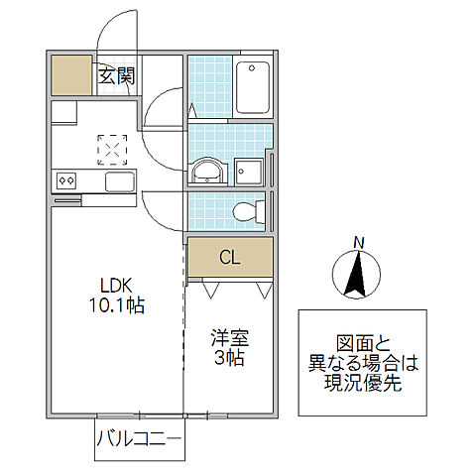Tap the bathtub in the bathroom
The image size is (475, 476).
pyautogui.click(x=253, y=87)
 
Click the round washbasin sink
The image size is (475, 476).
pyautogui.click(x=207, y=171)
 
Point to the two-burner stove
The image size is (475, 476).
pyautogui.click(x=67, y=180)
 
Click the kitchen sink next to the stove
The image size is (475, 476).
pyautogui.click(x=119, y=181)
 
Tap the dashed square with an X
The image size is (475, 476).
pyautogui.click(x=111, y=148)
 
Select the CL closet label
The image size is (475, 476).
pyautogui.click(x=229, y=259)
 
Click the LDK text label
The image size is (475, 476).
pyautogui.click(x=112, y=283)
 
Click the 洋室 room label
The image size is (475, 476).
pyautogui.click(x=228, y=336)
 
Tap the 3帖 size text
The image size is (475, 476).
pyautogui.click(x=228, y=358)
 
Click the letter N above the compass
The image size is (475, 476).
pyautogui.click(x=360, y=241)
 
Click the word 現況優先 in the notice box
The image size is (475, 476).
pyautogui.click(x=362, y=384)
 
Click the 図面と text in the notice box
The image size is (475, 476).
pyautogui.click(x=362, y=338)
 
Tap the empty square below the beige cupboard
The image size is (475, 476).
pyautogui.click(x=64, y=111)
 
